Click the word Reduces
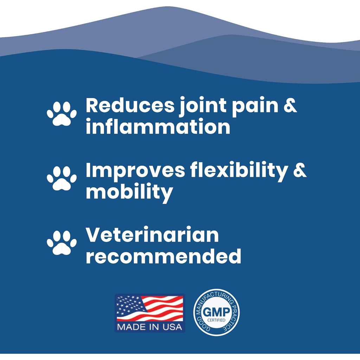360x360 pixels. [130, 105]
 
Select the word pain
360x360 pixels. [255, 107]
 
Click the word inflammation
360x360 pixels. [158, 126]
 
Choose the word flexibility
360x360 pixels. [239, 172]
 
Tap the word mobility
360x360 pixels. [129, 192]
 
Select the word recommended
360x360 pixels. [163, 256]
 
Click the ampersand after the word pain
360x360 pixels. [290, 105]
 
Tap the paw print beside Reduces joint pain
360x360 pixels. [62, 114]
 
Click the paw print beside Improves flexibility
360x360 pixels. [62, 178]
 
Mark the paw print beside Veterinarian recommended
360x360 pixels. [62, 243]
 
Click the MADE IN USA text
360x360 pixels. [149, 327]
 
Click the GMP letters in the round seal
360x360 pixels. [216, 312]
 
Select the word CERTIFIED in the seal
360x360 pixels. [216, 320]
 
